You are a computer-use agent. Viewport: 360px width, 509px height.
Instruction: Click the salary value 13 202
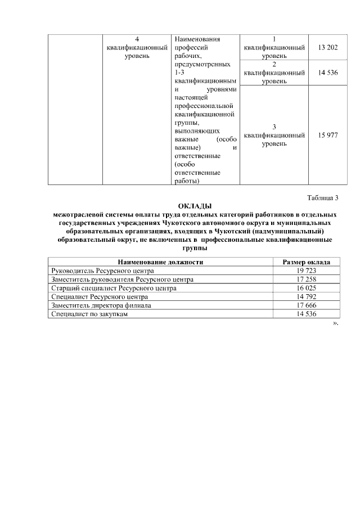[x=327, y=48]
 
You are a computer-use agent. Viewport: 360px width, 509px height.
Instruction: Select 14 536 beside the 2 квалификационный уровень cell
[x=327, y=73]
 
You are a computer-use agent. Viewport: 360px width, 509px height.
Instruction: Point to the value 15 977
[x=327, y=135]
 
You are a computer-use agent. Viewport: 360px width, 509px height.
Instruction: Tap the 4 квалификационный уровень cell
[x=138, y=48]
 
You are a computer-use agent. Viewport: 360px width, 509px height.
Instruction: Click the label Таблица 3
[x=323, y=197]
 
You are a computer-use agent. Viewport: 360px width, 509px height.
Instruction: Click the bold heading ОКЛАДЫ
[x=193, y=206]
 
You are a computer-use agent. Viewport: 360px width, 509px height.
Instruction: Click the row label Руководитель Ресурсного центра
[x=98, y=271]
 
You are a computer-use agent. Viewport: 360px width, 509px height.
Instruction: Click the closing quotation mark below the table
[x=336, y=323]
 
